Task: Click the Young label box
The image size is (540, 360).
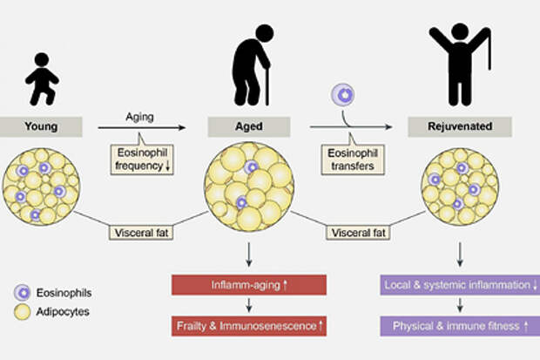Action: [42, 127]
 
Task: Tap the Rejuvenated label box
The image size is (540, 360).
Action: [459, 127]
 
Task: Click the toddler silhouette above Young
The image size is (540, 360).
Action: [41, 80]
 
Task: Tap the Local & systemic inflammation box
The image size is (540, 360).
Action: [459, 284]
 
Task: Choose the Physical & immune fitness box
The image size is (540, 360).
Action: [459, 326]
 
